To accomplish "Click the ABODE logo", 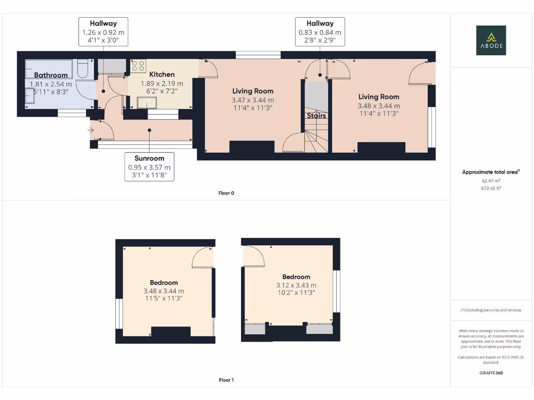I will pyautogui.click(x=490, y=40).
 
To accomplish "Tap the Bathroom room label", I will pyautogui.click(x=51, y=76).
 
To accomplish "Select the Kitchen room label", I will pyautogui.click(x=162, y=74).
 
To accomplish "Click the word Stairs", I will pyautogui.click(x=316, y=116).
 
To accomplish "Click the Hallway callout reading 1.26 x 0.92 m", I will pyautogui.click(x=103, y=32).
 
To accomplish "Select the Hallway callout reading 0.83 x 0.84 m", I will pyautogui.click(x=320, y=32).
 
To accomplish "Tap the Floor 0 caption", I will pyautogui.click(x=226, y=193).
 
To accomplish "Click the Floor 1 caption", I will pyautogui.click(x=226, y=380).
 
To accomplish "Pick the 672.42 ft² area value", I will pyautogui.click(x=491, y=189).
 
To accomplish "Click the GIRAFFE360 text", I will pyautogui.click(x=491, y=373).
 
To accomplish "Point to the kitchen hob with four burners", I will pyautogui.click(x=138, y=66).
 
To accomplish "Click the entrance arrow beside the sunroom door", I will pyautogui.click(x=92, y=131).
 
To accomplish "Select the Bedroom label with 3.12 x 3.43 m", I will pyautogui.click(x=296, y=277).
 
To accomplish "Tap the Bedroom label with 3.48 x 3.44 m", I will pyautogui.click(x=164, y=283).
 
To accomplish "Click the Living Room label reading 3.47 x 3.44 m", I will pyautogui.click(x=252, y=91).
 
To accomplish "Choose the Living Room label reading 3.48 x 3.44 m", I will pyautogui.click(x=379, y=97).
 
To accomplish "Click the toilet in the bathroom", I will pyautogui.click(x=83, y=70).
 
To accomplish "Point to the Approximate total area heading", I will pyautogui.click(x=491, y=172).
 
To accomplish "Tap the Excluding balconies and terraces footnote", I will pyautogui.click(x=491, y=310).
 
